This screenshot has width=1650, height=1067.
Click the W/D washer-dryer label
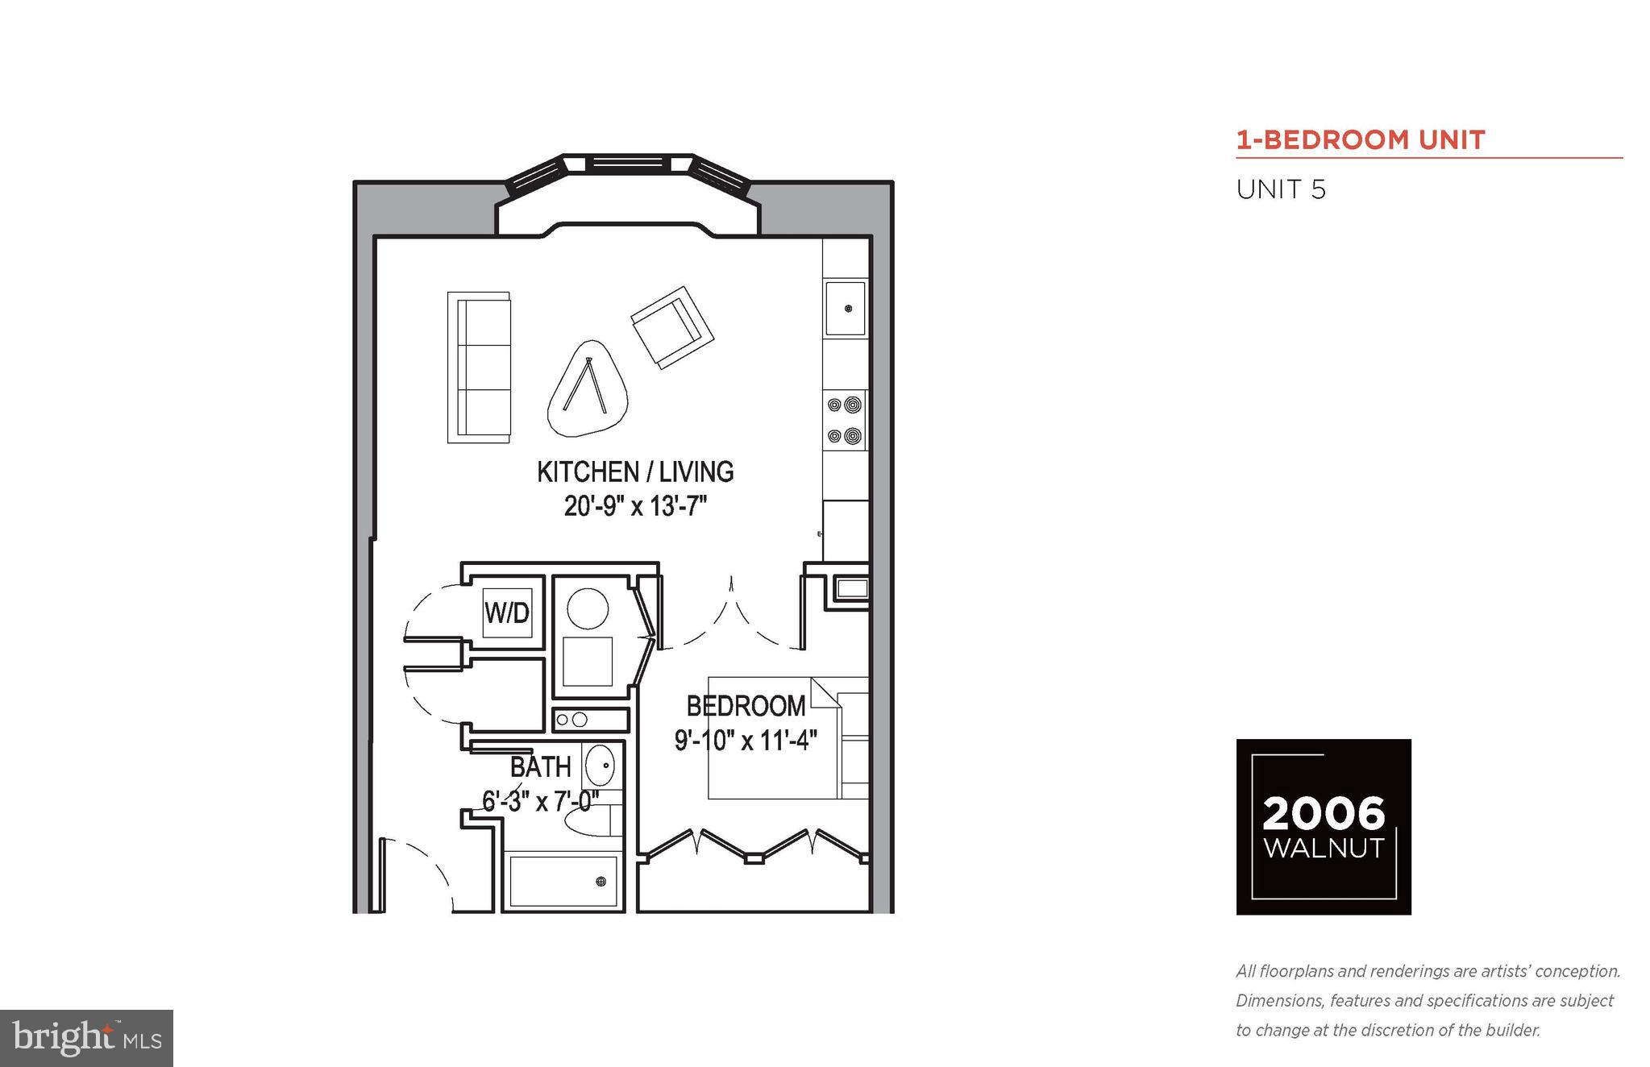pos(507,613)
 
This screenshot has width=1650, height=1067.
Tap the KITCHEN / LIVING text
pos(635,471)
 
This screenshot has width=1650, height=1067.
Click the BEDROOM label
pos(746,707)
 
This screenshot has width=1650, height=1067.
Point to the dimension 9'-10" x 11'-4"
pos(746,740)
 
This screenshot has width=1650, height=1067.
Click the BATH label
pos(541,766)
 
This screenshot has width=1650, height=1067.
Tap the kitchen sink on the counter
pos(845,308)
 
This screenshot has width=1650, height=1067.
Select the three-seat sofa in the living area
pos(480,367)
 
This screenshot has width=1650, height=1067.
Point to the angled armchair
pos(672,327)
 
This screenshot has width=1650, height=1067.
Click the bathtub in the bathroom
pos(563,881)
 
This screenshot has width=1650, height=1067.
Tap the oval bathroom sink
pos(599,765)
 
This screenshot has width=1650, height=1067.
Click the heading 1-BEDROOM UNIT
pos(1361,140)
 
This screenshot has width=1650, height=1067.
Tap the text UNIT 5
pos(1281,190)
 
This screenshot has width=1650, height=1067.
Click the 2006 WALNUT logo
pos(1324,827)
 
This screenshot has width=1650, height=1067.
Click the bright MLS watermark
pos(86,1038)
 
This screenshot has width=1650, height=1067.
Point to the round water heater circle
pos(588,608)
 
